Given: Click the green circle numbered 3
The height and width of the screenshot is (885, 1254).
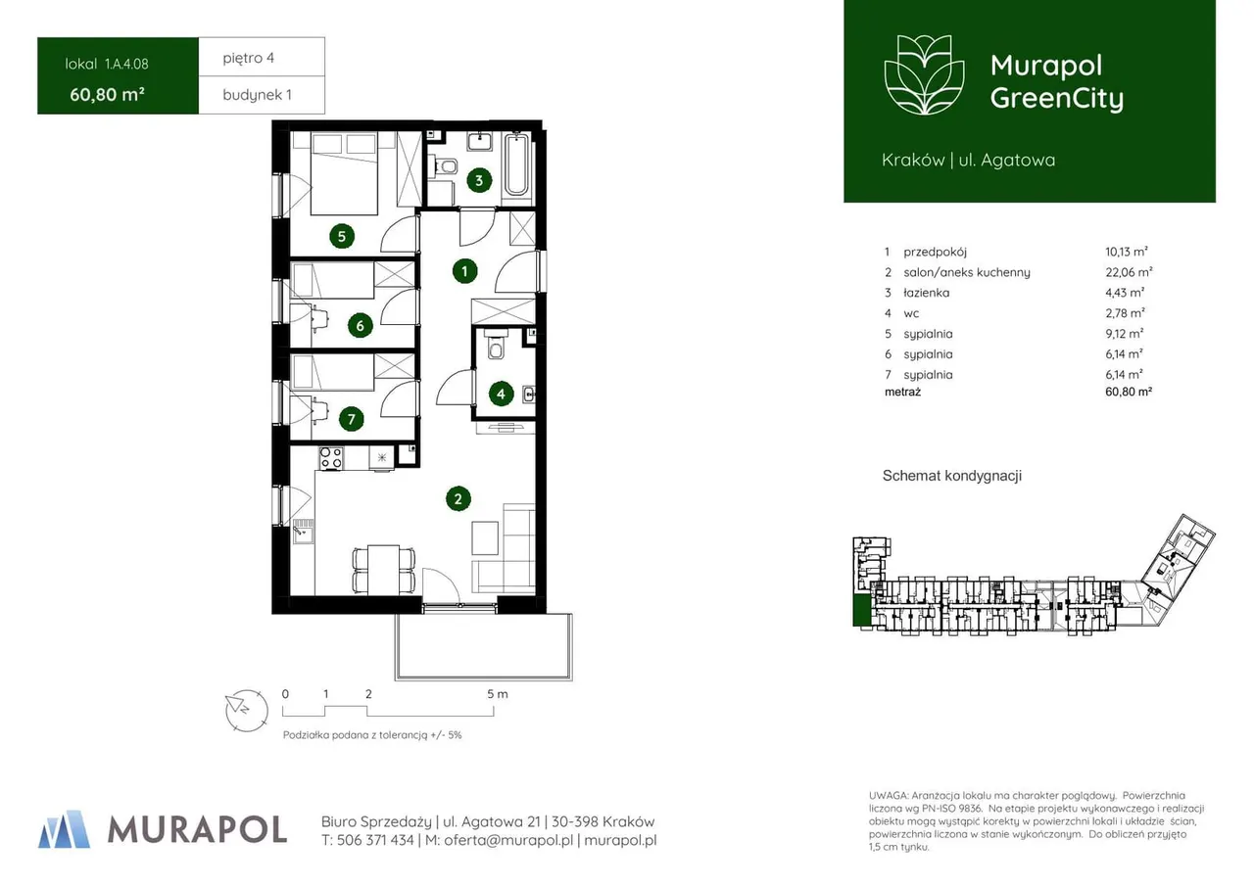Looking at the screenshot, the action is [479, 180].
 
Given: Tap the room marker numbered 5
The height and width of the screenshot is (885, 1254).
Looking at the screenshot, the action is [342, 236].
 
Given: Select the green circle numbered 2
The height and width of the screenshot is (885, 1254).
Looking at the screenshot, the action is [458, 499].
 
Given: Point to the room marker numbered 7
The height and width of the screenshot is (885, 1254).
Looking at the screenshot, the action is [351, 419].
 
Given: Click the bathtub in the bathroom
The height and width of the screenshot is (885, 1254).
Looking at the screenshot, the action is [516, 163].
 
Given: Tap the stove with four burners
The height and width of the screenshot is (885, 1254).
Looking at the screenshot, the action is [331, 458].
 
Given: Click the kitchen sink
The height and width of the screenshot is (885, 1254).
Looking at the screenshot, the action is [303, 531].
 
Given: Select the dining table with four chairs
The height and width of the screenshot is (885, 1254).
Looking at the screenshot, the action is [384, 569].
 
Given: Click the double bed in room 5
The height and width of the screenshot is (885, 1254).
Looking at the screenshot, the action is [343, 173].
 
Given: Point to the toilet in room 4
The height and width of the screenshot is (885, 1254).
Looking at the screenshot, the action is [496, 346].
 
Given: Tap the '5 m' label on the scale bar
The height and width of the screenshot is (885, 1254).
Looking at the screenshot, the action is [497, 694].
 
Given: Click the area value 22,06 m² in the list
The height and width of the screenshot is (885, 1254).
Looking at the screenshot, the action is [1129, 272].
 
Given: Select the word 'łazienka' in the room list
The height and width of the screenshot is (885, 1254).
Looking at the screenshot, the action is [927, 293].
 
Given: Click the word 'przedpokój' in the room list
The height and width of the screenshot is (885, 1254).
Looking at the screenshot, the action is [935, 253].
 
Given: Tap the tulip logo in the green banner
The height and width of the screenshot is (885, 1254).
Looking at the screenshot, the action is [924, 75].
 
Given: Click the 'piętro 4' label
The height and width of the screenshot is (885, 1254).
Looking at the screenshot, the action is [249, 58].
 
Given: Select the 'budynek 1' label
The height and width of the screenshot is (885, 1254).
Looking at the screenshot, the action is [257, 95].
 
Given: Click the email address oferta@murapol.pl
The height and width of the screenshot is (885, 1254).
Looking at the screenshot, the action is [508, 840].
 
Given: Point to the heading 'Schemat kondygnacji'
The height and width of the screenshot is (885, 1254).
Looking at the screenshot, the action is [951, 476].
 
